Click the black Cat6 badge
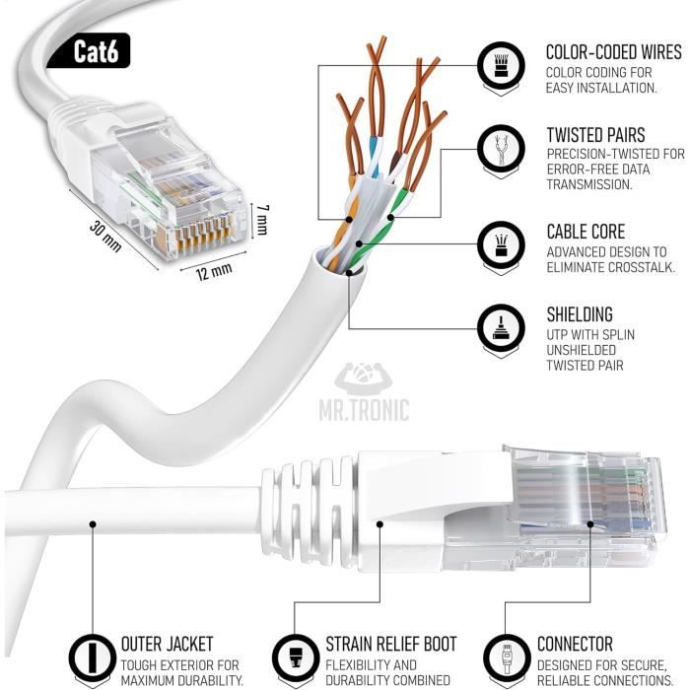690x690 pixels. [x=97, y=51]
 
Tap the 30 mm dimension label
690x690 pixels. [x=104, y=237]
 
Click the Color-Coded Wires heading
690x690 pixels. [x=613, y=51]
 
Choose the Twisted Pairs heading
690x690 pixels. [x=595, y=135]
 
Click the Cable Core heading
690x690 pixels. [x=586, y=232]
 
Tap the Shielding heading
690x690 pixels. [x=580, y=314]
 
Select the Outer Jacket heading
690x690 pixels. [x=167, y=645]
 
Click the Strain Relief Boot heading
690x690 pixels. [x=391, y=645]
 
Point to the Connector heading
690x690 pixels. [x=575, y=645]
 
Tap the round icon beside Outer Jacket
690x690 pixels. [x=91, y=659]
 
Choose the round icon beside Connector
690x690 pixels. [x=505, y=659]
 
